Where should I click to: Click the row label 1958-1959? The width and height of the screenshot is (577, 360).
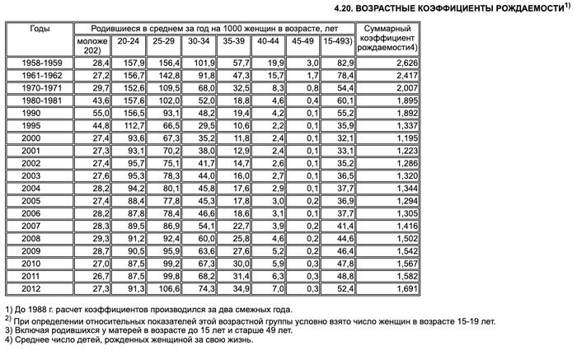pyautogui.click(x=38, y=63)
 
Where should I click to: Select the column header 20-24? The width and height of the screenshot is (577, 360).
pyautogui.click(x=128, y=40)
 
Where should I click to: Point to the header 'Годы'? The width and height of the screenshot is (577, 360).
pyautogui.click(x=38, y=28)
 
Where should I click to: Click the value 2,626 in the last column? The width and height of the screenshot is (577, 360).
pyautogui.click(x=395, y=63)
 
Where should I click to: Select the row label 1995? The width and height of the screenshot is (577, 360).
pyautogui.click(x=38, y=125)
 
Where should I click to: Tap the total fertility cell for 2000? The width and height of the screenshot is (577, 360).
pyautogui.click(x=395, y=138)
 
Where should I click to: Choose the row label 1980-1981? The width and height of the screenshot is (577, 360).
pyautogui.click(x=38, y=100)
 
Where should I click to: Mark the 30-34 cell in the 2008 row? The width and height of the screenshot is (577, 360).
pyautogui.click(x=203, y=239)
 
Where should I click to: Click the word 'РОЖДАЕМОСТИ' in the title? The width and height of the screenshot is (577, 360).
pyautogui.click(x=523, y=7)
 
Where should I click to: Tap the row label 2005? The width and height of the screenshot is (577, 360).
pyautogui.click(x=38, y=201)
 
